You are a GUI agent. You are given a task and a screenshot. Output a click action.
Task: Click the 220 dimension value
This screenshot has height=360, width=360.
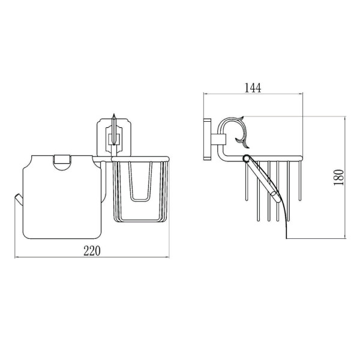point(92,251)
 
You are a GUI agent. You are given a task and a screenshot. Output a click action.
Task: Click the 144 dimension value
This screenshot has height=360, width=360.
point(253,88)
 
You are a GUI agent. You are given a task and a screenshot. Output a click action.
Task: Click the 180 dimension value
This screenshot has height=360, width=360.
point(339,178)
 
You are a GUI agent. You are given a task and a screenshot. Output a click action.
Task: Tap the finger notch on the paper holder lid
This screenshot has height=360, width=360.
point(61,163)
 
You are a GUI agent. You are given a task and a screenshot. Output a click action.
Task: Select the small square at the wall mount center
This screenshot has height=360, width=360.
point(114,139)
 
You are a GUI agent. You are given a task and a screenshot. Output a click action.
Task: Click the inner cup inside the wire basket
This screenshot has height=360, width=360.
point(141,181)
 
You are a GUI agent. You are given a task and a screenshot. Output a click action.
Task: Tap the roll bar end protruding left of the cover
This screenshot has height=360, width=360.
point(19,199)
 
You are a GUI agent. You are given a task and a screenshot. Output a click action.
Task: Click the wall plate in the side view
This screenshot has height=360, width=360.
point(207,139)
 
